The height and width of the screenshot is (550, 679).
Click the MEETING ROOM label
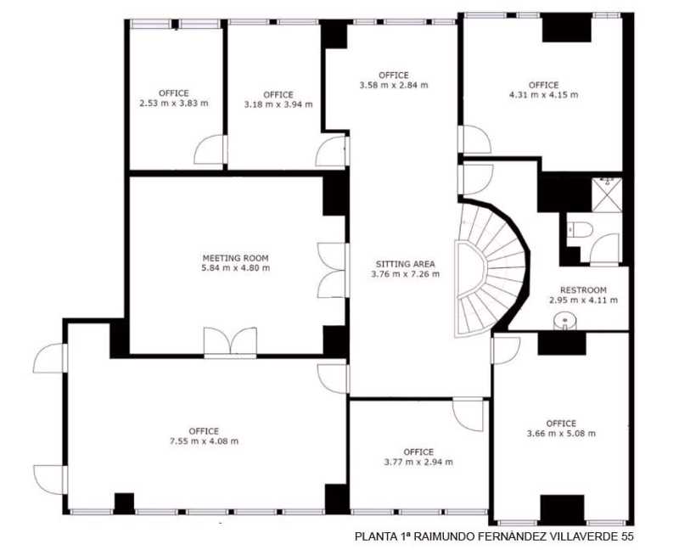point(236,258)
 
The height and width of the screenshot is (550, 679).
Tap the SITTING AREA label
point(406,264)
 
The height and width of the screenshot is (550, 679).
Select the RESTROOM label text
point(583,290)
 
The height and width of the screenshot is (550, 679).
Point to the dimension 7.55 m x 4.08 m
point(204,441)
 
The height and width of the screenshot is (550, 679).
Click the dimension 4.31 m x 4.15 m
point(543,95)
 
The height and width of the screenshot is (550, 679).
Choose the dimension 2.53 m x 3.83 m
point(174,103)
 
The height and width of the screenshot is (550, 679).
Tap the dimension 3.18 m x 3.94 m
point(278,104)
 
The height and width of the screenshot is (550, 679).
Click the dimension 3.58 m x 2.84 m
point(394,85)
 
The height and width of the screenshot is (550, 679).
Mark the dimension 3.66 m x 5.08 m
point(561,433)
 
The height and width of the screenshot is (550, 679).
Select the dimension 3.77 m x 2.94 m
point(418,462)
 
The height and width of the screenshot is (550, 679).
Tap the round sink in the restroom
point(564,321)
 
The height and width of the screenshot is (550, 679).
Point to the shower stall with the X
point(607,195)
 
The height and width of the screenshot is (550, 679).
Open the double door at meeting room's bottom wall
point(230,343)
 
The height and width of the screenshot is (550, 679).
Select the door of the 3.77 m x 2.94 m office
point(469,414)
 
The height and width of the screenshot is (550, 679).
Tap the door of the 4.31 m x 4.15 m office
point(474,139)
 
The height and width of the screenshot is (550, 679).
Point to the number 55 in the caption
point(627,536)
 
